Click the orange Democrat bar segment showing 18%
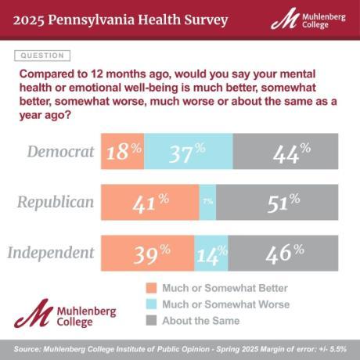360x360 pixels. pos(123,152)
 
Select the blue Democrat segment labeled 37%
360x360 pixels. pos(189,152)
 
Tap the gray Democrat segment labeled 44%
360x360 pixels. pos(285,152)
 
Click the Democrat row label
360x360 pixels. pos(60,151)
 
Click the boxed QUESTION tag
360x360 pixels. pos(42,56)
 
